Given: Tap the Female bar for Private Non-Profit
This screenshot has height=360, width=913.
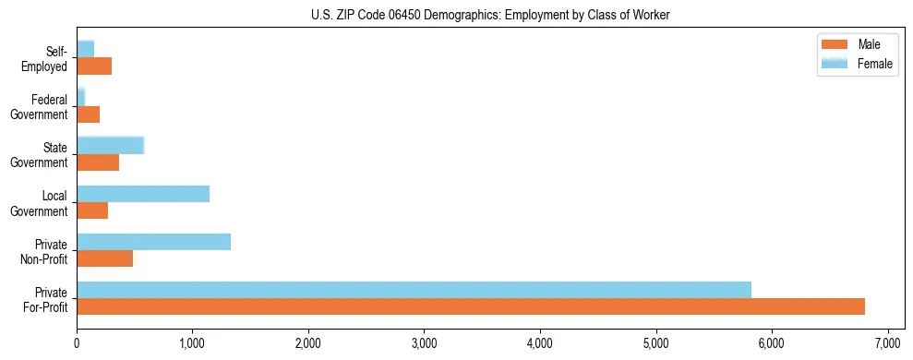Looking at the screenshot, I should [153, 242].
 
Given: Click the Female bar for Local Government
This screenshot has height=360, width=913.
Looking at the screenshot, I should [143, 194].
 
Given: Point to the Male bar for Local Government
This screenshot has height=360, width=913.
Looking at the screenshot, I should [92, 210].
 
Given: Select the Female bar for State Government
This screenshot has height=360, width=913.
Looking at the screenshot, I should [110, 146].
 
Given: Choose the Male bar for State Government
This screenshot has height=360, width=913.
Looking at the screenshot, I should [98, 162].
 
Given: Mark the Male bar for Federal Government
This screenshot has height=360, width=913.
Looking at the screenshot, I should [88, 114].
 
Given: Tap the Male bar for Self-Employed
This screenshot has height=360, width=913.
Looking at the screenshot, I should [94, 66].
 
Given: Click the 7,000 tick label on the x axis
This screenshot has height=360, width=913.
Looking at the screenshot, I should [887, 343].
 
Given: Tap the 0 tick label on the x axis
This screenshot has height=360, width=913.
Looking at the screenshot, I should [77, 343].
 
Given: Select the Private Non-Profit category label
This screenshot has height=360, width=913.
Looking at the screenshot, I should [45, 251].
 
